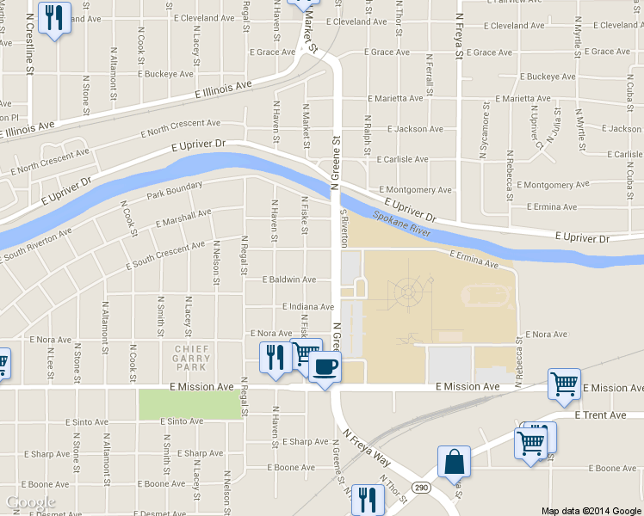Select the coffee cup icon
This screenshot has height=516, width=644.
click(x=325, y=367)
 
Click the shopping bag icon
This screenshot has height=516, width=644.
click(x=453, y=463)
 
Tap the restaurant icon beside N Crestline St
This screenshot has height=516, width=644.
click(x=55, y=17)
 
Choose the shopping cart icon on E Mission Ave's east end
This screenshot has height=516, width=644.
click(x=564, y=384)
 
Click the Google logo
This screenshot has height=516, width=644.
click(x=31, y=502)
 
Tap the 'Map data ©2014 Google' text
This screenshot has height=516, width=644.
click(x=591, y=510)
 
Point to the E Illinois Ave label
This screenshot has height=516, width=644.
click(x=223, y=89)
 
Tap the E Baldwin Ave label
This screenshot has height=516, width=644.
click(x=289, y=279)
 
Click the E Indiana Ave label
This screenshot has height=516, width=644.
click(x=307, y=306)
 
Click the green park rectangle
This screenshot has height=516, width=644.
click(x=189, y=405)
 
